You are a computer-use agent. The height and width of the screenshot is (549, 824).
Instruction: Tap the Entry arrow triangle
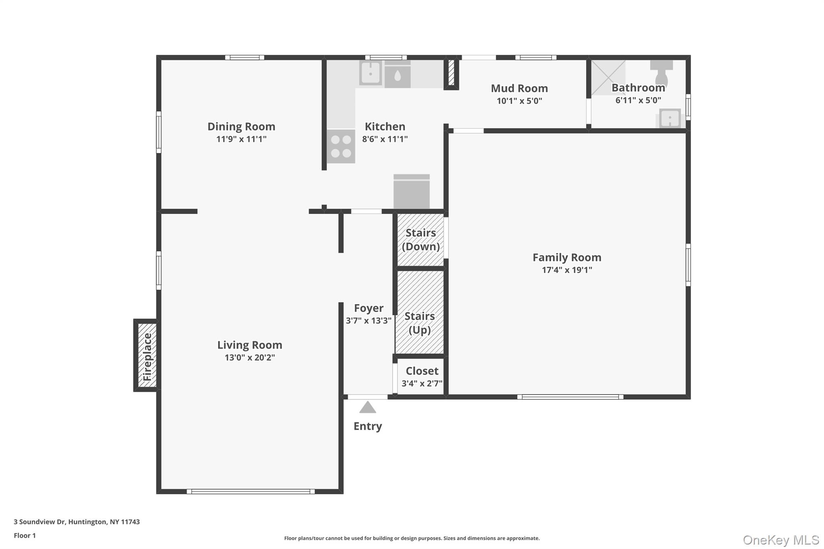click(x=367, y=407)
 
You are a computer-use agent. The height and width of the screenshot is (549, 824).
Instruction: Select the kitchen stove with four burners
click(x=341, y=146)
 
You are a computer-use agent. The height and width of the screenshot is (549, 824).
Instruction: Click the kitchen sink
click(x=370, y=74)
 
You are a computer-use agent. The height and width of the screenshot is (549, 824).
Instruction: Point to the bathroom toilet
click(x=661, y=72)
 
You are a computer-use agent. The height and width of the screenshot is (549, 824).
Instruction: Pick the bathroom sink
click(x=670, y=119)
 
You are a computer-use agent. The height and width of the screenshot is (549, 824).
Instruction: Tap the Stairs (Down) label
click(x=420, y=240)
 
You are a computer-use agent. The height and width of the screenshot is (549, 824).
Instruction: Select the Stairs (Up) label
click(x=420, y=323)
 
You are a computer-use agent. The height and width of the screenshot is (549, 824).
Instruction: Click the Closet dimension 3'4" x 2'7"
click(x=422, y=383)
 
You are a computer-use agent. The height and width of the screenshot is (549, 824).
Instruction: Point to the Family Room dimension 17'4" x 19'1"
click(x=567, y=270)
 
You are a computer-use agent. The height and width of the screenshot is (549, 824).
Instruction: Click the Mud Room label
click(x=519, y=88)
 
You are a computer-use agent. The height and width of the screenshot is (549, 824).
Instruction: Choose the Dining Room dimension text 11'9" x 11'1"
click(x=241, y=139)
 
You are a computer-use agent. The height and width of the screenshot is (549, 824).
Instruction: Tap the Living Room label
click(x=249, y=345)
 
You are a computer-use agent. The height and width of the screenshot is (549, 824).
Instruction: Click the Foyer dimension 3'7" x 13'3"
click(x=369, y=321)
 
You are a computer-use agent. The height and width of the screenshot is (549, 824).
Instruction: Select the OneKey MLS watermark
click(x=781, y=540)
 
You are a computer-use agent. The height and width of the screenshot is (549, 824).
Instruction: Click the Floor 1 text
click(x=25, y=535)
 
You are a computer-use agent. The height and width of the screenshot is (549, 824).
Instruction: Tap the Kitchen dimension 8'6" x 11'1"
click(x=385, y=139)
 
